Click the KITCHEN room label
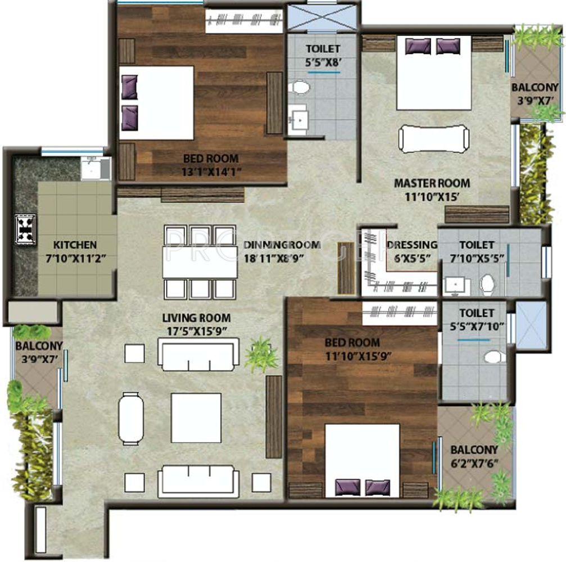pyautogui.click(x=75, y=245)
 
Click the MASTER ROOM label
pyautogui.click(x=432, y=183)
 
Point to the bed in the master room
pyautogui.click(x=433, y=73)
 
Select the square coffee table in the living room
pyautogui.click(x=196, y=418)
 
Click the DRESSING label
pyautogui.click(x=412, y=245)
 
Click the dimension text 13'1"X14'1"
pyautogui.click(x=211, y=172)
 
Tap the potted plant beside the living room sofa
pyautogui.click(x=262, y=354)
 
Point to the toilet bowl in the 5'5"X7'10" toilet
pyautogui.click(x=494, y=357)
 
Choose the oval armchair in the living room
pyautogui.click(x=130, y=418)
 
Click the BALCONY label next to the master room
pyautogui.click(x=535, y=88)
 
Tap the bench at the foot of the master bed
pyautogui.click(x=433, y=138)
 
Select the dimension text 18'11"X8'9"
pyautogui.click(x=282, y=259)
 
